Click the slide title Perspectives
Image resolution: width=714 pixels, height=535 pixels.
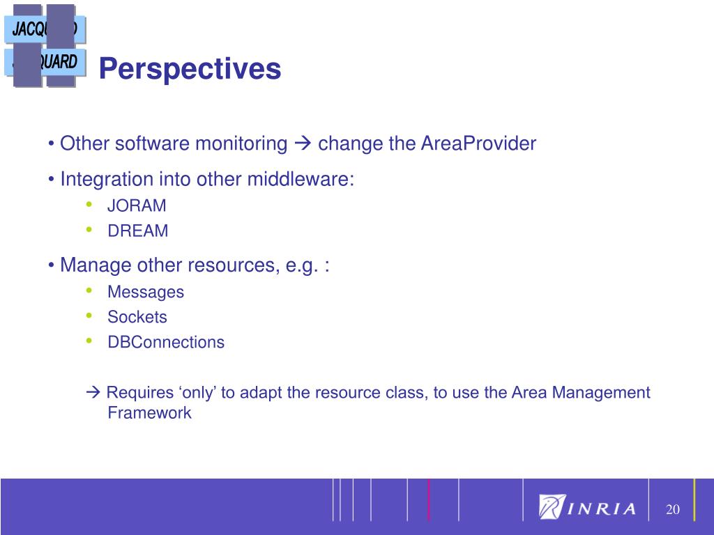[190, 70]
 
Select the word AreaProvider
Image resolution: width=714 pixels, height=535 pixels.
[478, 144]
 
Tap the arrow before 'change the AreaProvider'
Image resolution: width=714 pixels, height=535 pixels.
[303, 144]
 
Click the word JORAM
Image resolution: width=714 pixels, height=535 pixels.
[137, 206]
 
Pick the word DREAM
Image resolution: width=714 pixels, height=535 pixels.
[138, 231]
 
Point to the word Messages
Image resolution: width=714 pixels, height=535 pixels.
[146, 292]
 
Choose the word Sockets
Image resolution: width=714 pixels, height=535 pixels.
[137, 317]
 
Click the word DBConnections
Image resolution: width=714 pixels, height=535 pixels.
[166, 342]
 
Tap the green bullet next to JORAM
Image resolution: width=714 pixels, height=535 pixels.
[89, 205]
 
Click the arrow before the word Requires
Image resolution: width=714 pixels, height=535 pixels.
[93, 391]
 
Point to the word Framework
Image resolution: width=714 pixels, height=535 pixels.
[149, 412]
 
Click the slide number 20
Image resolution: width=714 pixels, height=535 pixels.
[673, 509]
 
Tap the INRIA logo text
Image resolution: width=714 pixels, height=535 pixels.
[601, 509]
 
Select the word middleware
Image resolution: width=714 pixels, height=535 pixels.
[301, 179]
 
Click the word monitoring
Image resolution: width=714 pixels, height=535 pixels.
[241, 144]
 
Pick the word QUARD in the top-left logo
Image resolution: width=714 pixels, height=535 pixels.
[58, 62]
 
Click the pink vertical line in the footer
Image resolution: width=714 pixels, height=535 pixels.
[429, 499]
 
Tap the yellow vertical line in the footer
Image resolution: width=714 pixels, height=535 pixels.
[694, 499]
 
